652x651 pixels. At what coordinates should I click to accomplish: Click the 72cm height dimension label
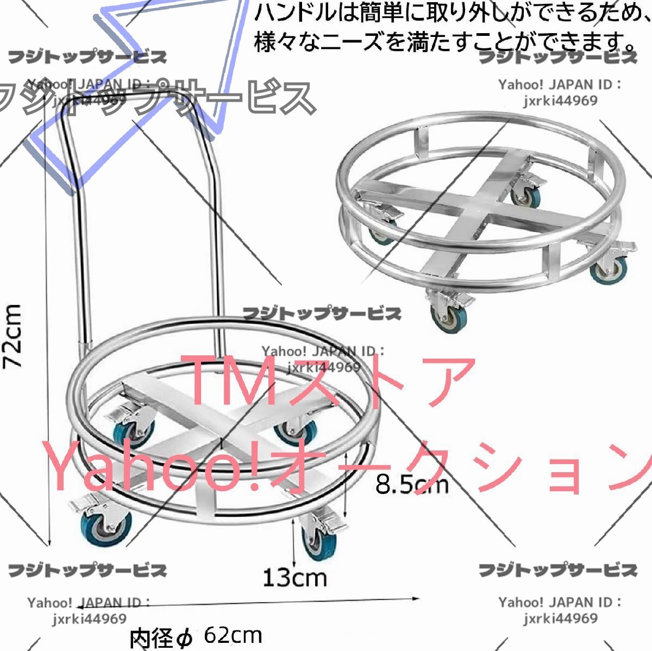pos(13,336)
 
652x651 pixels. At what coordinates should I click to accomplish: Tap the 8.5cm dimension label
pos(412,484)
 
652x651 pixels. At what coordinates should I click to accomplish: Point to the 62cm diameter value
pos(233,635)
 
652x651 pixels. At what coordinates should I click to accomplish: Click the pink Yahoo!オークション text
pos(348,467)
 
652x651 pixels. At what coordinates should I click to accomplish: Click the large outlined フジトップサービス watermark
pos(158,98)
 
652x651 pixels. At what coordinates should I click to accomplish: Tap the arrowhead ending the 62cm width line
pos(417,598)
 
